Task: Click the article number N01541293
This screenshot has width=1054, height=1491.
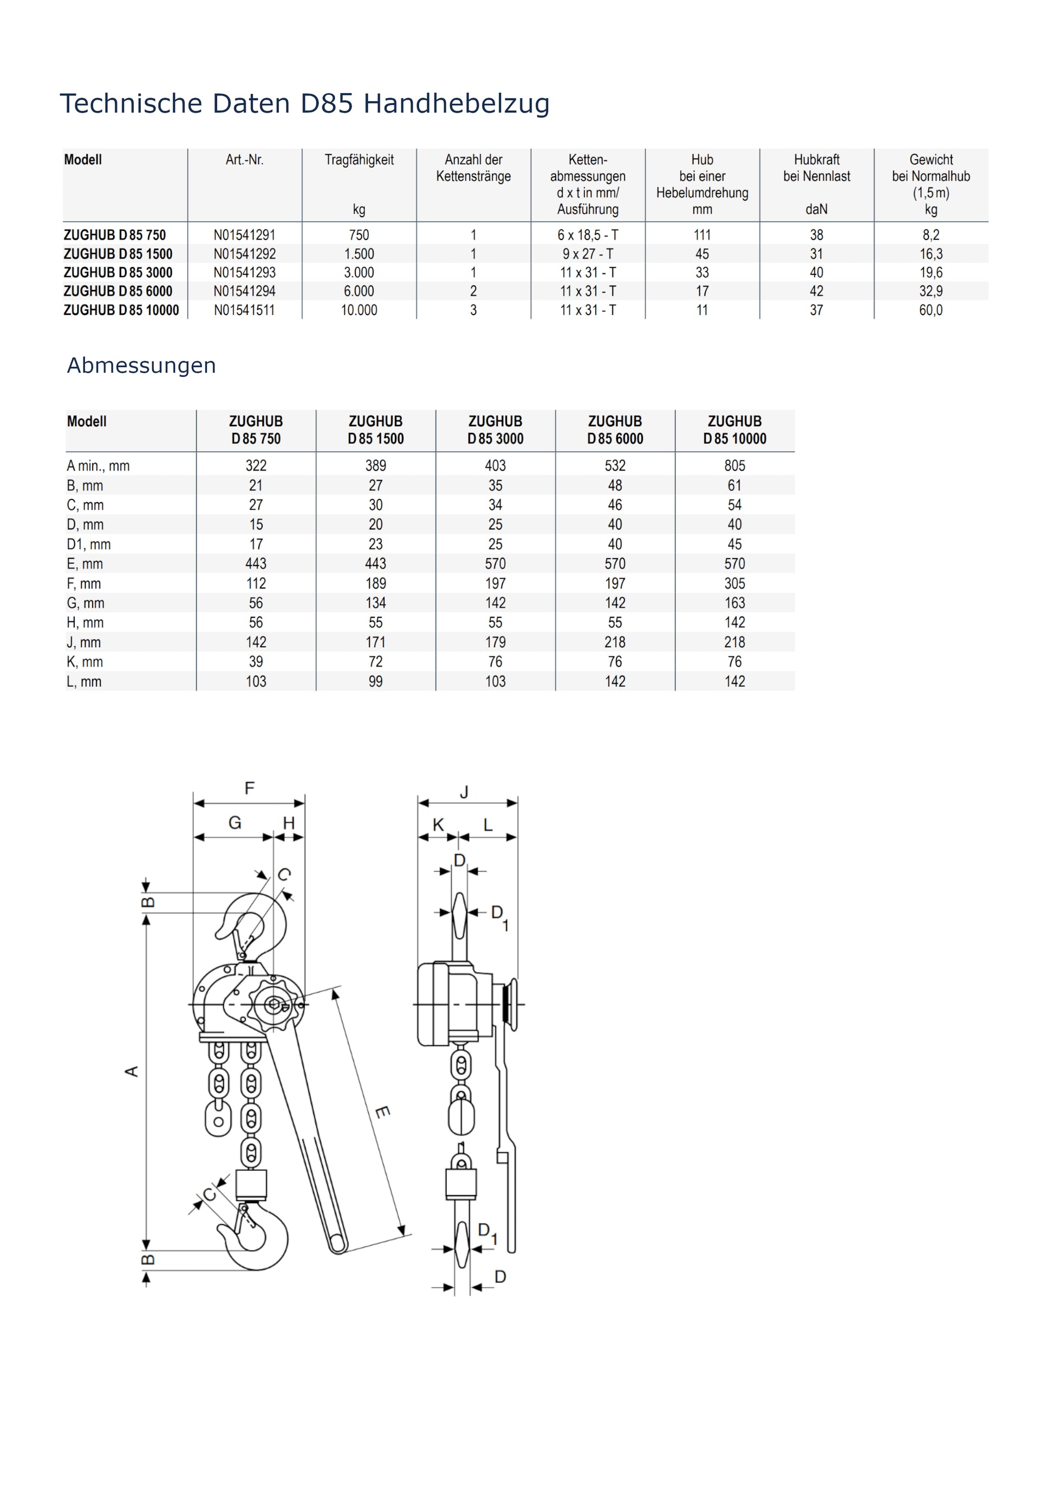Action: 245,273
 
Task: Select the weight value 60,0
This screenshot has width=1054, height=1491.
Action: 931,310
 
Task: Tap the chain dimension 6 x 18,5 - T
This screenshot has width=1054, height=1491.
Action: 588,235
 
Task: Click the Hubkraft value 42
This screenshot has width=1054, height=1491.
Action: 816,291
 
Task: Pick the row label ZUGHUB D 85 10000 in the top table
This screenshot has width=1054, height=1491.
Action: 121,310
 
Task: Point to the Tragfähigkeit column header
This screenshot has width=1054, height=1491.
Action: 359,160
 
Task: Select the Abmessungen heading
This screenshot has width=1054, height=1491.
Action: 141,366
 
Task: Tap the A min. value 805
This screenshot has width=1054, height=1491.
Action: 734,466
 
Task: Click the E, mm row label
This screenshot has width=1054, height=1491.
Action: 84,564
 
